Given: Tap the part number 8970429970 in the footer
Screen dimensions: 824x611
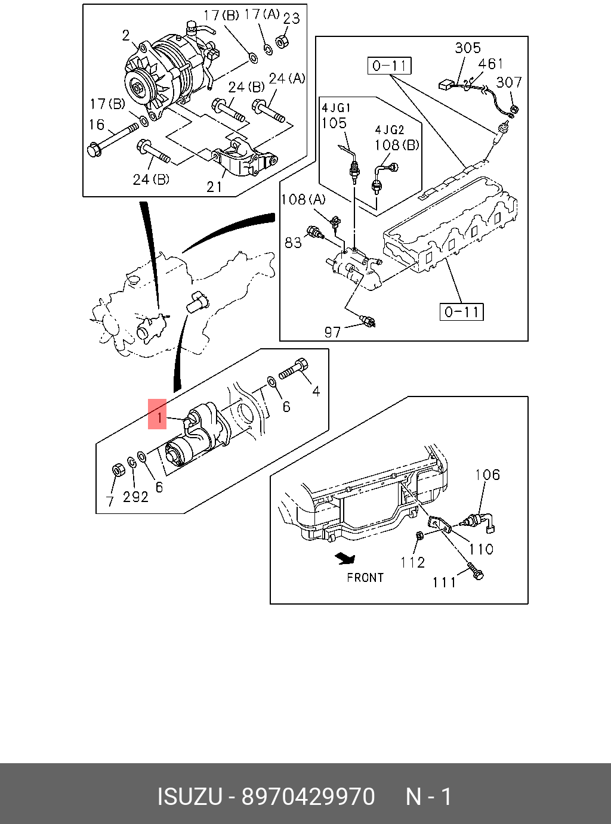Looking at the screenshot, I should [308, 797].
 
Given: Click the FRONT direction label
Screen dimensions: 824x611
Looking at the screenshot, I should [365, 577].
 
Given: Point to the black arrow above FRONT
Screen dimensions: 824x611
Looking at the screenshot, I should [345, 558].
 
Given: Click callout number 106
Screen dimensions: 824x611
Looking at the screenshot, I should [487, 475].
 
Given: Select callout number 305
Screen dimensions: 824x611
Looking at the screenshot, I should [467, 48].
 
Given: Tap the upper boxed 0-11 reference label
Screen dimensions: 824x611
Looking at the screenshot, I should [390, 66].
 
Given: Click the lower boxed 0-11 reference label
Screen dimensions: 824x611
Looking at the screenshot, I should [462, 311].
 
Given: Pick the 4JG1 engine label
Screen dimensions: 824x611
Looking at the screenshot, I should [336, 108].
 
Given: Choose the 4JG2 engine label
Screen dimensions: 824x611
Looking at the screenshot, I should [390, 129].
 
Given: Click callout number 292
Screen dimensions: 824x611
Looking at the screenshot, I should [135, 496].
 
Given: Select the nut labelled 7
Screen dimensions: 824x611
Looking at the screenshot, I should [118, 470].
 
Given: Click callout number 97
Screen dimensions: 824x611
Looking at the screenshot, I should [332, 332].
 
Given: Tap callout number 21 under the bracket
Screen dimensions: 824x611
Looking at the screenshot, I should [214, 187].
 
